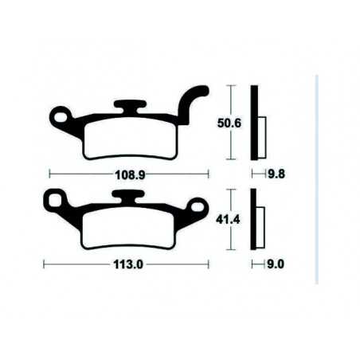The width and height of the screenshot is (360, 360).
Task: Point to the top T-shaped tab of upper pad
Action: [x=129, y=105]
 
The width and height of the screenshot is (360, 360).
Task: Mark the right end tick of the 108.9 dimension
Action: [x=207, y=172]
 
